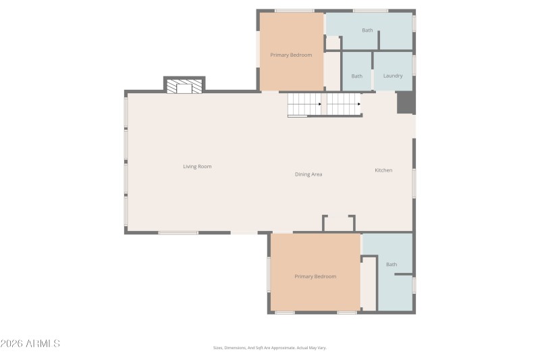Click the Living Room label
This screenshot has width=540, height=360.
pyautogui.click(x=197, y=166)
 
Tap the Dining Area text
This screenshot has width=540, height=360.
pyautogui.click(x=308, y=174)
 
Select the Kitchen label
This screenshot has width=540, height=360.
pyautogui.click(x=383, y=170)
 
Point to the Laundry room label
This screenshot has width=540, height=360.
pyautogui.click(x=393, y=76)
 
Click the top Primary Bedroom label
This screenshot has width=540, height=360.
pyautogui.click(x=291, y=55)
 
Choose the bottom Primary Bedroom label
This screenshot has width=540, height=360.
pyautogui.click(x=315, y=276)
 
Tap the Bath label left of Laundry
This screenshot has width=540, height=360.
pyautogui.click(x=356, y=76)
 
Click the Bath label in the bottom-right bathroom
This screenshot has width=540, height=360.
pyautogui.click(x=391, y=264)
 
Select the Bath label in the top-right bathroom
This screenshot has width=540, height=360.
pyautogui.click(x=367, y=30)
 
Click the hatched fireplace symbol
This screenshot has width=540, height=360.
pyautogui.click(x=184, y=87)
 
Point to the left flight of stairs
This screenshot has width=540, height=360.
pyautogui.click(x=304, y=104)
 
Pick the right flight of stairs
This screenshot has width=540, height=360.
pyautogui.click(x=344, y=104)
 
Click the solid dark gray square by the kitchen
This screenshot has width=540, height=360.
pyautogui.click(x=405, y=103)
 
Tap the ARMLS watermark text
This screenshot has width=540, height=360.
pyautogui.click(x=30, y=344)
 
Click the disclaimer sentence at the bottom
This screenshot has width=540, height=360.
pyautogui.click(x=269, y=348)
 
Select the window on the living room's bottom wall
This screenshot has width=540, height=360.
pyautogui.click(x=178, y=232)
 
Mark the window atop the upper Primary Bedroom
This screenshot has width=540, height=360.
pyautogui.click(x=294, y=11)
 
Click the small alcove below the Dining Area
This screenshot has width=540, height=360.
pyautogui.click(x=339, y=224)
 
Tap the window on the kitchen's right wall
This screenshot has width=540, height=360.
pyautogui.click(x=414, y=182)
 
